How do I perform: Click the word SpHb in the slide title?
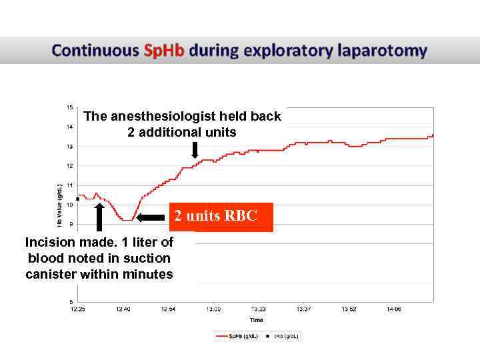[x=165, y=51]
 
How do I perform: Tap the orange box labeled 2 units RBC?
[x=221, y=217]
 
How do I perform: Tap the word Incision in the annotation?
[x=48, y=242]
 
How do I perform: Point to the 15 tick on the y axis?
[x=70, y=107]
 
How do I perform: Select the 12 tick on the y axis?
[x=70, y=165]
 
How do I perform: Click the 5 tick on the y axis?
[x=71, y=302]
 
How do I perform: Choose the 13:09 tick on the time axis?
[x=213, y=309]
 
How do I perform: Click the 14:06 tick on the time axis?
[x=393, y=309]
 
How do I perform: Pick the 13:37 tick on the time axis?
[x=303, y=309]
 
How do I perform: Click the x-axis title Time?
[x=257, y=320]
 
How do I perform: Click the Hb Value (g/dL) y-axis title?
[x=60, y=205]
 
